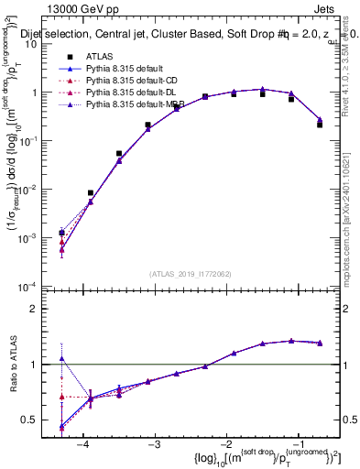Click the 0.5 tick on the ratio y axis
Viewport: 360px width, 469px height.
click(41, 420)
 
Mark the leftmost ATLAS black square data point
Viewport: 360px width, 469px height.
click(61, 234)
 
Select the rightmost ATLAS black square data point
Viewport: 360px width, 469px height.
click(320, 125)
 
